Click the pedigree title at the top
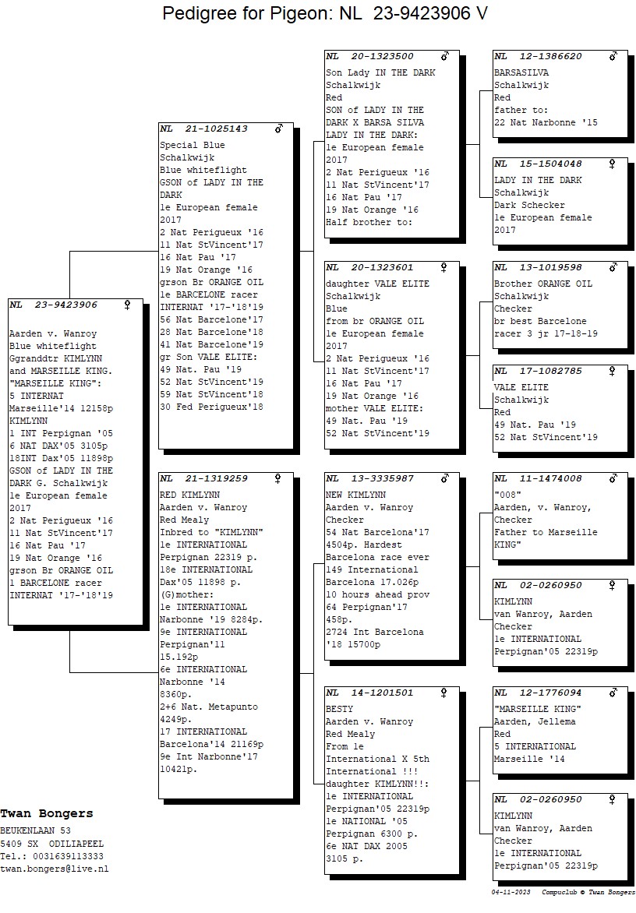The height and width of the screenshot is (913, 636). pos(325,12)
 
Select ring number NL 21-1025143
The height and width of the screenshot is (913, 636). pos(204,129)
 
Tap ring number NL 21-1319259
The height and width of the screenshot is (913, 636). pos(204,478)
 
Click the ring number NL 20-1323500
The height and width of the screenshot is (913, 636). pos(370,57)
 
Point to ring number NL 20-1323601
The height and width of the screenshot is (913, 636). pos(370,268)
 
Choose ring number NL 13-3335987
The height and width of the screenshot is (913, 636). pos(370,478)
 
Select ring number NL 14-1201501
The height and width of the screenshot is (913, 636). pos(370,693)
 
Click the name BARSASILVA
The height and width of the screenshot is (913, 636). pos(521,72)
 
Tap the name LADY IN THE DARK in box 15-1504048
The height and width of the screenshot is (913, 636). pos(538,181)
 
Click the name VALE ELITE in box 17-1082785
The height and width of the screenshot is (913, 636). pos(521,388)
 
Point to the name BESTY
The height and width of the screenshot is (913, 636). pos(340,709)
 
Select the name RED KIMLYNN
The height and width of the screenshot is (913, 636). pos(190,495)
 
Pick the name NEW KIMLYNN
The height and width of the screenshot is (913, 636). pos(356,495)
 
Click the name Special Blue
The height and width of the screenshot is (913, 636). pos(193,146)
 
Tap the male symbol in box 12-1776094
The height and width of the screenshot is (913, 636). pos(613,693)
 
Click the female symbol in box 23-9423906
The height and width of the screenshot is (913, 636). pos(128,305)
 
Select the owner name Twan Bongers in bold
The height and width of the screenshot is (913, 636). pos(47,814)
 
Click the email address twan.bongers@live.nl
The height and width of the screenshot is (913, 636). pos(54,869)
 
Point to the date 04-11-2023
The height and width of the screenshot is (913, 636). pos(511,893)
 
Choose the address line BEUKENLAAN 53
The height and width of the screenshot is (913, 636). pos(36,831)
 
